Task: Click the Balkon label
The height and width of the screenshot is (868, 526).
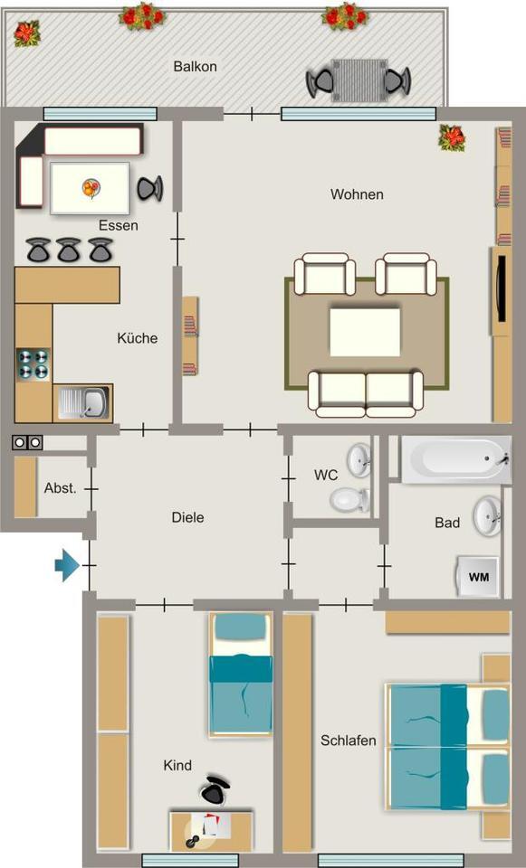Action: click(195, 66)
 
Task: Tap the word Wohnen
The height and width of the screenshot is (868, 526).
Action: click(357, 194)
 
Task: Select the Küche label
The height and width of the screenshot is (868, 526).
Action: click(137, 338)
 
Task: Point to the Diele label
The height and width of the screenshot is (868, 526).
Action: click(187, 518)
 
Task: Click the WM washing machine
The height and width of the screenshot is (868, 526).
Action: click(477, 576)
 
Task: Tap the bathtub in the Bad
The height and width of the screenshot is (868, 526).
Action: click(455, 461)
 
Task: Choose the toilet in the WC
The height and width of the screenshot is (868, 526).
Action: click(348, 497)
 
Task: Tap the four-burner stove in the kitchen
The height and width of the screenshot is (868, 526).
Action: click(33, 364)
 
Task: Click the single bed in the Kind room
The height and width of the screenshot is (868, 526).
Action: click(241, 674)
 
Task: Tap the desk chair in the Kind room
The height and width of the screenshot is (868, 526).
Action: click(214, 789)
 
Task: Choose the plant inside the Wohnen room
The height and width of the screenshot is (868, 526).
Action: click(452, 137)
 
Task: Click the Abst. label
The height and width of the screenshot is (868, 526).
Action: click(60, 488)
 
